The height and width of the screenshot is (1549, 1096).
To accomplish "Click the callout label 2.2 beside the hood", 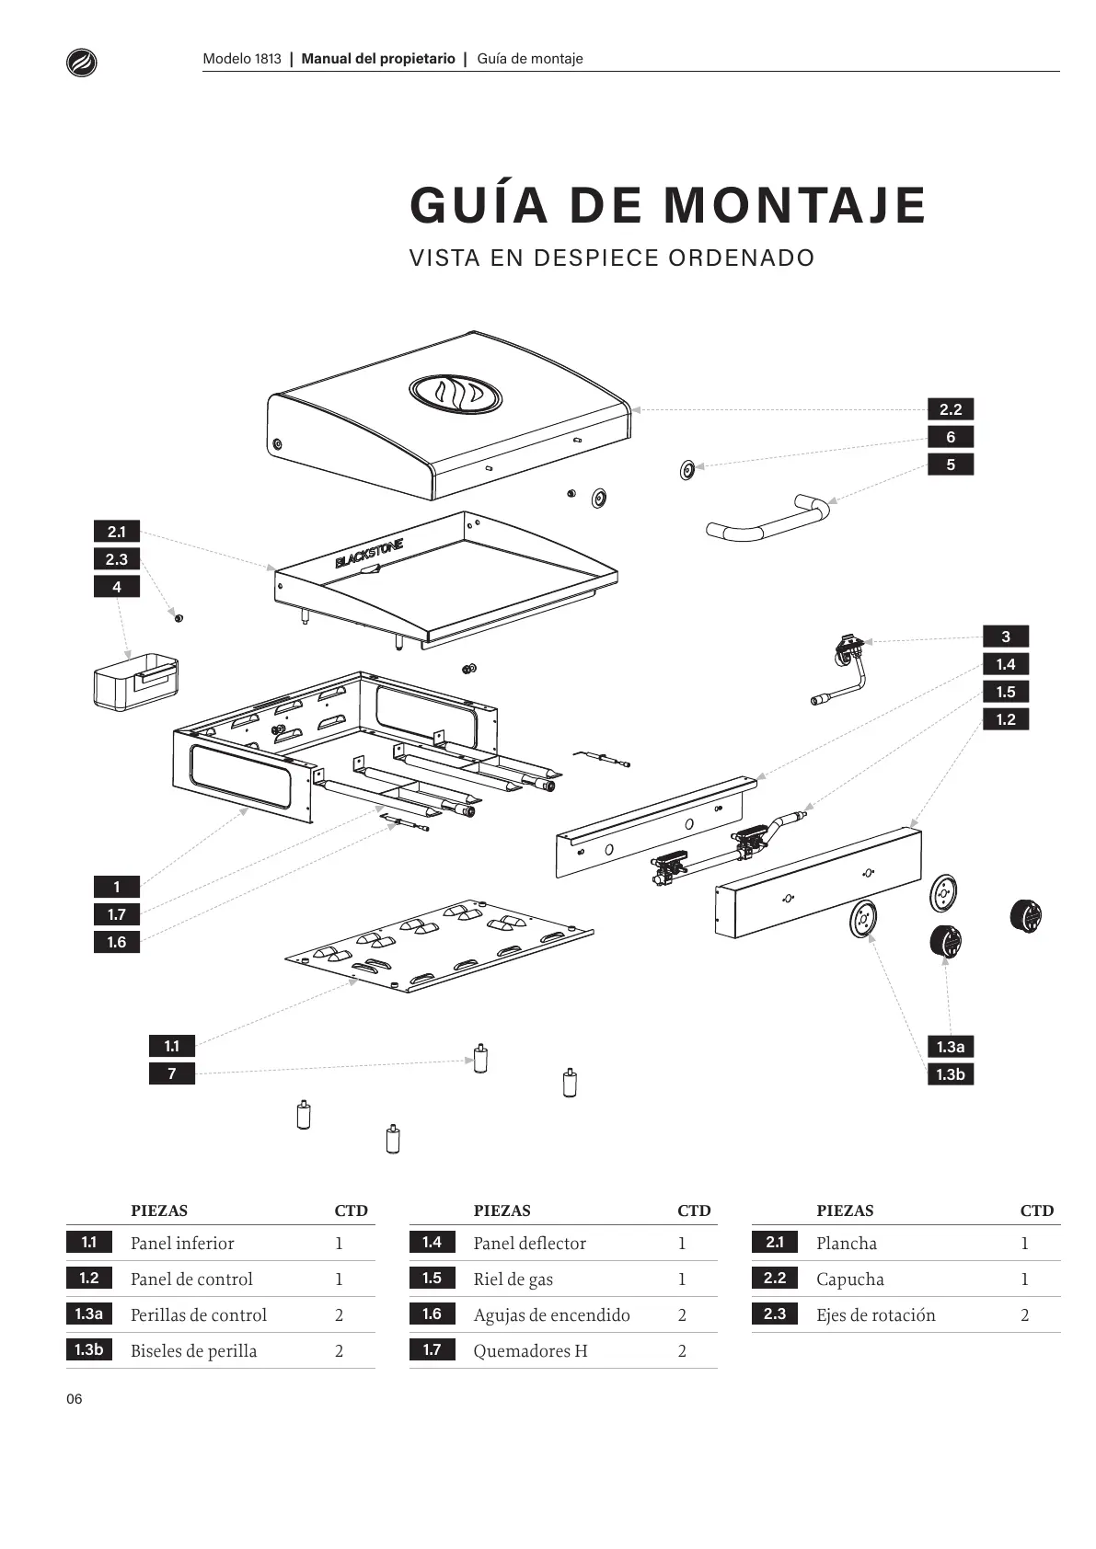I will [950, 409].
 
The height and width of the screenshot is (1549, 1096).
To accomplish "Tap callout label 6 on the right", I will [950, 437].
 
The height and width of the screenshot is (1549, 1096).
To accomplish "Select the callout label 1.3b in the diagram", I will [950, 1074].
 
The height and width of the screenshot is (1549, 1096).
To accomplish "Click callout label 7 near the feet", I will [171, 1073].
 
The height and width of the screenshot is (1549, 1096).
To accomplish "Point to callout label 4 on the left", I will [116, 587].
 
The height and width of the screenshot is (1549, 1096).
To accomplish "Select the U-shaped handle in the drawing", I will [768, 521].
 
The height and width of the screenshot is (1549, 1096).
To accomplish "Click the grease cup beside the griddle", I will [134, 682].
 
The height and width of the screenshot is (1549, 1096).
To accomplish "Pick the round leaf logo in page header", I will [82, 62].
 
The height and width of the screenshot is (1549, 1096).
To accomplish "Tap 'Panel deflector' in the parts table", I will [529, 1244].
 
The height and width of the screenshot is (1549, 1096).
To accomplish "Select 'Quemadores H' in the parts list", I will [530, 1351].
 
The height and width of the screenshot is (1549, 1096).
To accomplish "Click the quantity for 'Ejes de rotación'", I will [1025, 1315].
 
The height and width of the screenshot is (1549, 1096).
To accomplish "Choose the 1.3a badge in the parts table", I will [88, 1314].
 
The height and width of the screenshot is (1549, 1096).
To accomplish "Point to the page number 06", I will [75, 1400].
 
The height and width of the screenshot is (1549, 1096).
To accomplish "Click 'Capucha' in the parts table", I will [849, 1279].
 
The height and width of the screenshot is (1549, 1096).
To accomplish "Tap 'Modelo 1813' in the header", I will [242, 59].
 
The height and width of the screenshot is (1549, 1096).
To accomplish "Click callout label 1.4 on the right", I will [1005, 664].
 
